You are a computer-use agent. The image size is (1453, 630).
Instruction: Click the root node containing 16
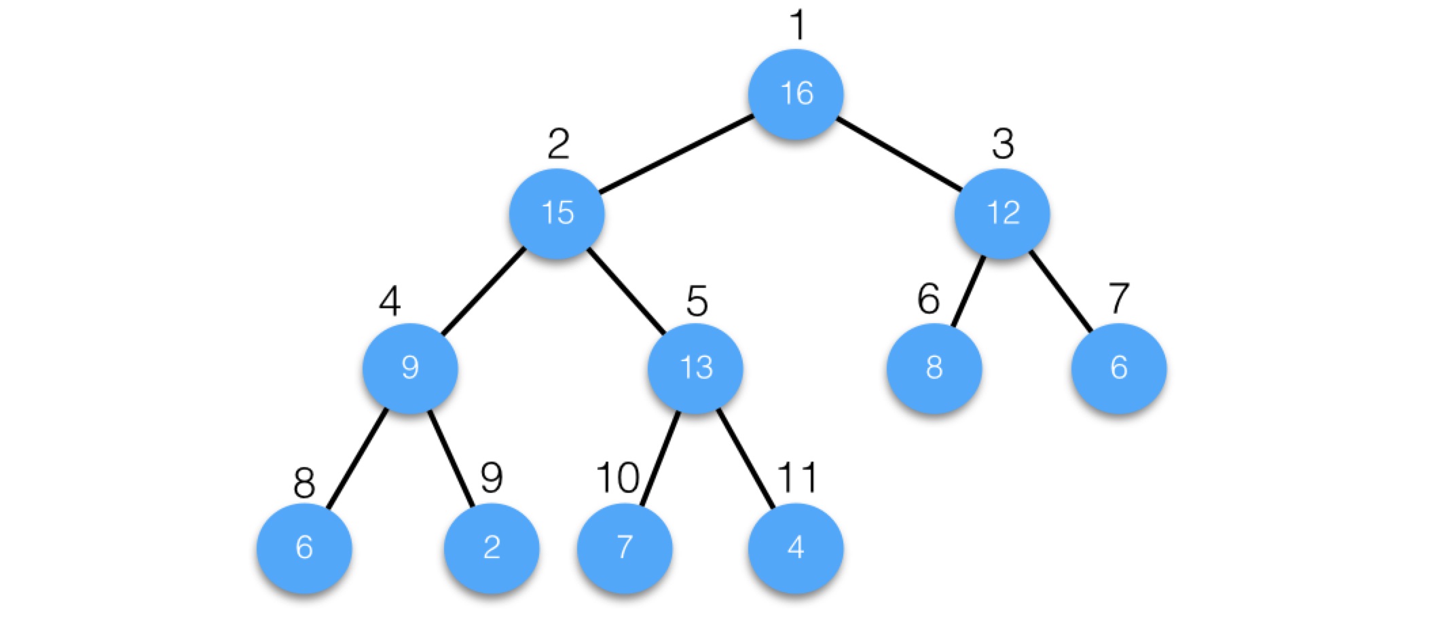point(796,94)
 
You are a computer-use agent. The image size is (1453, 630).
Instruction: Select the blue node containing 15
point(557,213)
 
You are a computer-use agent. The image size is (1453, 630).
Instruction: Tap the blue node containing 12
point(1002,213)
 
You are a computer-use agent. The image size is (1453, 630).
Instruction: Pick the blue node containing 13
point(695,368)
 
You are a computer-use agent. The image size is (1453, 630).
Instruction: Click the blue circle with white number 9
point(410,368)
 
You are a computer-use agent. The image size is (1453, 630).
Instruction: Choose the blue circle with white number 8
point(934,368)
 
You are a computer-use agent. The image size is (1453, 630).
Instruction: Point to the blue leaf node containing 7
point(625,548)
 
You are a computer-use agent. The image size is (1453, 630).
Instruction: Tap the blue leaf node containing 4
point(796,548)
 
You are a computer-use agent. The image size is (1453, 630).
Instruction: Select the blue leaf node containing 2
point(492,548)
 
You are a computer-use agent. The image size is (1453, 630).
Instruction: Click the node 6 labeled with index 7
point(1119,368)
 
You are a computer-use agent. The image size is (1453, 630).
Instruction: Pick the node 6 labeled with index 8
point(304,548)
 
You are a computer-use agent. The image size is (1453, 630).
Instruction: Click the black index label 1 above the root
point(798,26)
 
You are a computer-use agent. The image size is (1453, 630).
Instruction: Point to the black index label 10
point(617,478)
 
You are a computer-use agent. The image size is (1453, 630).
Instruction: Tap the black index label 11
point(797,478)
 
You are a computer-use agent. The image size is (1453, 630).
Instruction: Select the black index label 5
point(697,301)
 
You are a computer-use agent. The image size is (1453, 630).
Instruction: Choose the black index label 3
point(1003,144)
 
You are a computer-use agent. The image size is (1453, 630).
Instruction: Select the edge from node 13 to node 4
point(746,459)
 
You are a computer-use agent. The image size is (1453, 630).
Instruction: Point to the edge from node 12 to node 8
point(968,292)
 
